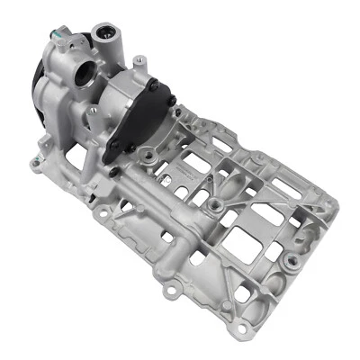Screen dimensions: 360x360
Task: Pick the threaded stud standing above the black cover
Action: click(138, 62)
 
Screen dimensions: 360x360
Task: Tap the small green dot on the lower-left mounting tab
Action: click(34, 162)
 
